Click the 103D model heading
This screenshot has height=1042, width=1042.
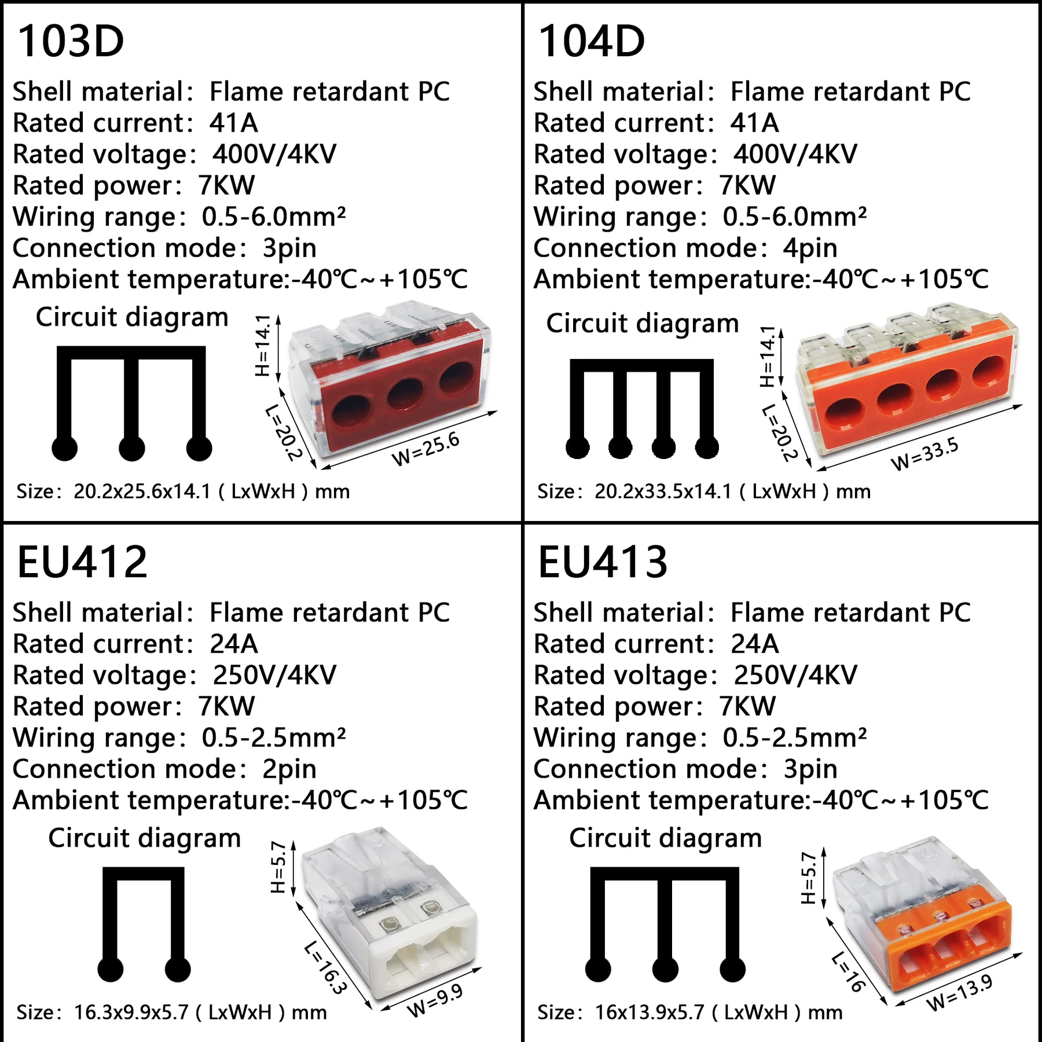tap(71, 42)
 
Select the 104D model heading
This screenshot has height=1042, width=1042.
tap(591, 42)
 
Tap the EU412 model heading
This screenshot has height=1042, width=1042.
tap(82, 562)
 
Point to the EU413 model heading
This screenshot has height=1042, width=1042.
tap(603, 562)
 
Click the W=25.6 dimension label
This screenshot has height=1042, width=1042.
tap(426, 449)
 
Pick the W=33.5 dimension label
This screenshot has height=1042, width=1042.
tap(924, 454)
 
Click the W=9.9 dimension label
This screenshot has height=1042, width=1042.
tap(435, 1000)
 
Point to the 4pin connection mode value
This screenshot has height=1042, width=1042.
tap(810, 248)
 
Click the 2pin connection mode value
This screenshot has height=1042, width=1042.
tap(289, 769)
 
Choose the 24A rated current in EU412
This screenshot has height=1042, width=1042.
tap(234, 644)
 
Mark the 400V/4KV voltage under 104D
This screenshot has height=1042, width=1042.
tap(795, 155)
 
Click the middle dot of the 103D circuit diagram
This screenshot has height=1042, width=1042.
tap(132, 448)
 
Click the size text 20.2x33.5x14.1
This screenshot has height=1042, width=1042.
tap(663, 491)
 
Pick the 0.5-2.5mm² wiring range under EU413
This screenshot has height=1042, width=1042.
tap(794, 738)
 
